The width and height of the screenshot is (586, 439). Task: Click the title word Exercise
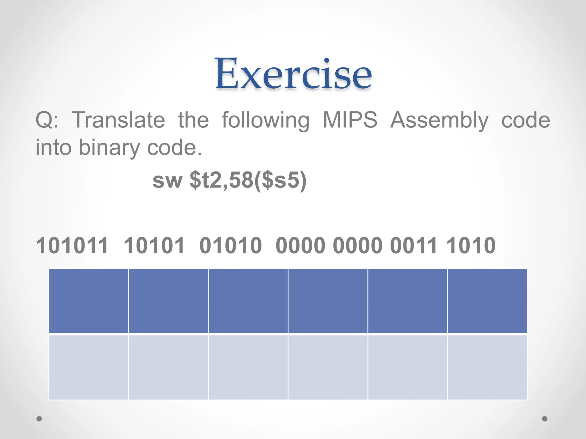click(x=294, y=74)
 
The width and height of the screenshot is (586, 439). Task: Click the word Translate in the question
click(x=118, y=120)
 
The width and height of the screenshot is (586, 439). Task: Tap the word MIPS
click(x=350, y=120)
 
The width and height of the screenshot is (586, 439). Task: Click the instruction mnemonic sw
click(x=167, y=181)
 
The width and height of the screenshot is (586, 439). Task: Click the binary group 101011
click(x=72, y=246)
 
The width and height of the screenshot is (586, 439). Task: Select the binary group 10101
click(x=154, y=246)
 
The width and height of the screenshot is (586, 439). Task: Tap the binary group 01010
click(x=230, y=246)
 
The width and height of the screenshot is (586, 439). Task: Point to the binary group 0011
click(x=414, y=246)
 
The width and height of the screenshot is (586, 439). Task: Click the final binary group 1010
click(x=471, y=246)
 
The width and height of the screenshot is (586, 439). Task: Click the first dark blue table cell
click(x=89, y=301)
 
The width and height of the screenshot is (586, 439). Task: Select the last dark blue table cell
click(x=487, y=301)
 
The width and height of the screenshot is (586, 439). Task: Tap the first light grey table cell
click(x=89, y=367)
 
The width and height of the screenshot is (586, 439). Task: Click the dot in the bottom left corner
click(x=39, y=419)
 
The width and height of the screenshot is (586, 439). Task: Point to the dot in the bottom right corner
click(x=545, y=419)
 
